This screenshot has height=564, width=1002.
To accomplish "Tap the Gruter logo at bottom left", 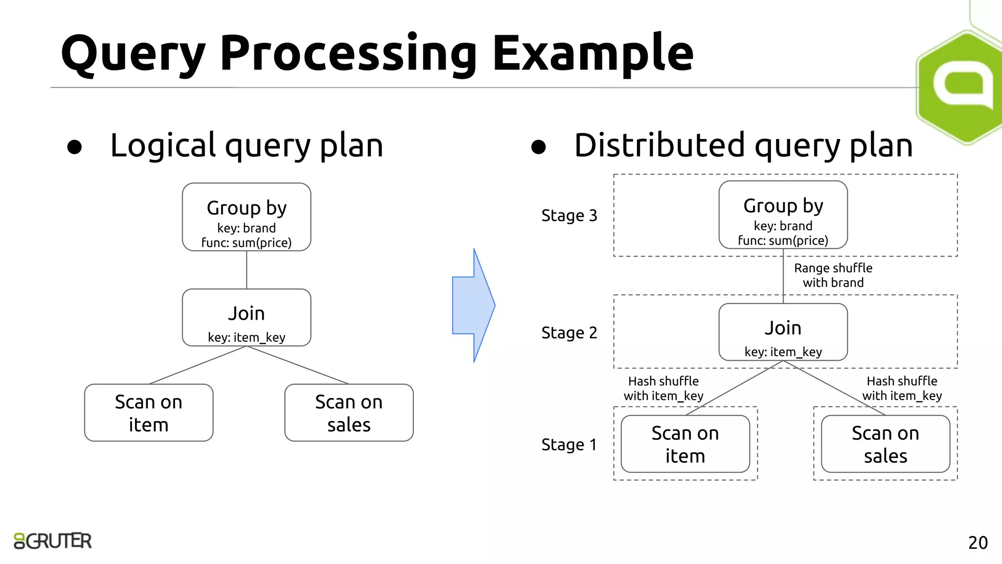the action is pyautogui.click(x=53, y=541).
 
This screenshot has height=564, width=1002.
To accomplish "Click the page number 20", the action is pyautogui.click(x=978, y=542).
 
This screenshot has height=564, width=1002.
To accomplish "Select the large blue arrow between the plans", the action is pyautogui.click(x=473, y=305).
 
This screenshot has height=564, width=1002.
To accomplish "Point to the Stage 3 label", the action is pyautogui.click(x=569, y=215).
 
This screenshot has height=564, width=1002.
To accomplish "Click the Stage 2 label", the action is pyautogui.click(x=569, y=333).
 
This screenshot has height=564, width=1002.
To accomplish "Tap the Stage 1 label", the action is pyautogui.click(x=569, y=445).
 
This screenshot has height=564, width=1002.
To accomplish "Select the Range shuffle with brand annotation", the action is pyautogui.click(x=833, y=275).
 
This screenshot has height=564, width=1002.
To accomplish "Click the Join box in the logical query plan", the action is pyautogui.click(x=247, y=318).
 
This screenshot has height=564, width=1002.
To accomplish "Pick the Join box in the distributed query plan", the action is pyautogui.click(x=783, y=332).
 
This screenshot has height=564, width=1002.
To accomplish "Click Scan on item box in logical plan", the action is pyautogui.click(x=149, y=413).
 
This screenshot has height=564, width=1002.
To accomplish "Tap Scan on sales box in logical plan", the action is pyautogui.click(x=349, y=413).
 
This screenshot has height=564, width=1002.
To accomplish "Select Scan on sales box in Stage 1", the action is pyautogui.click(x=885, y=444).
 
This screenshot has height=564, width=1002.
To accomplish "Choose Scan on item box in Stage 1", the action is pyautogui.click(x=685, y=444).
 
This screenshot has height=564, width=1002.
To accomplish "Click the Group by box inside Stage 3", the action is pyautogui.click(x=783, y=215).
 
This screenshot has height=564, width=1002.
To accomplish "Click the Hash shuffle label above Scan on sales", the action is pyautogui.click(x=902, y=388).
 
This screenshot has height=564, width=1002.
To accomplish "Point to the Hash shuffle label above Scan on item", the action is pyautogui.click(x=663, y=388).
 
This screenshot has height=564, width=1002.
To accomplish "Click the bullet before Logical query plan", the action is pyautogui.click(x=74, y=147).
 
